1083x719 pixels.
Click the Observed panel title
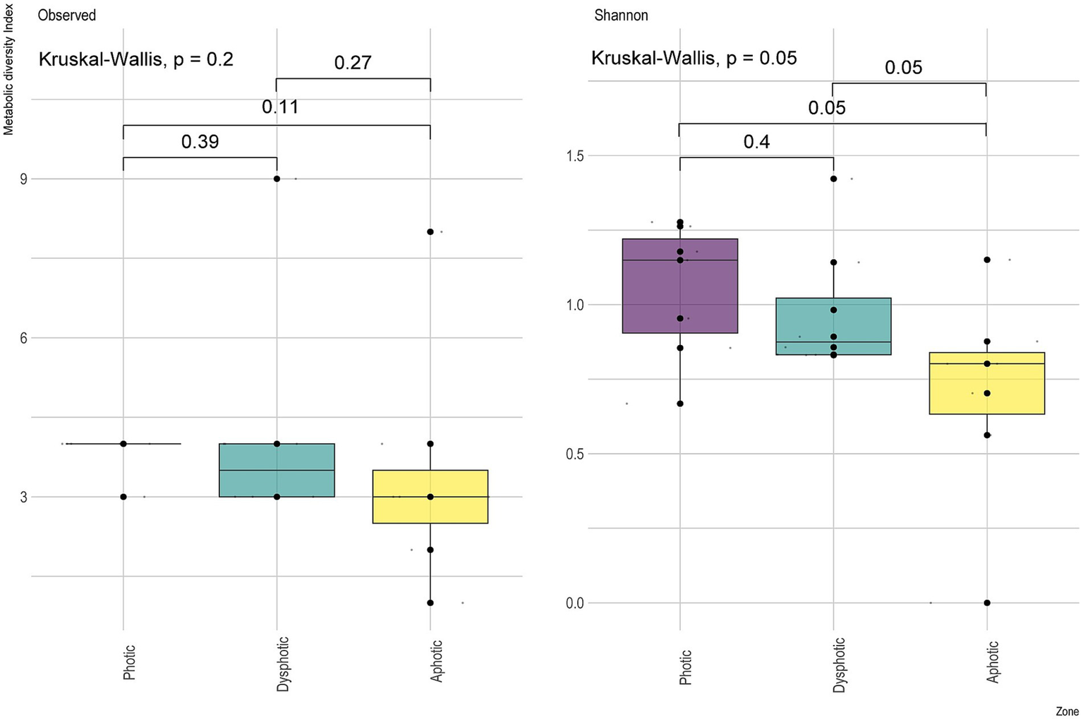point(67,15)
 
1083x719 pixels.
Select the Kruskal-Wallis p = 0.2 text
point(135,59)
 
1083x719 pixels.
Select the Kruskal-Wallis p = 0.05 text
point(694,58)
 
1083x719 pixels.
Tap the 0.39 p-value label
point(200,142)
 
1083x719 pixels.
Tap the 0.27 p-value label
point(353,63)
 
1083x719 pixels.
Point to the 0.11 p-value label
point(280,107)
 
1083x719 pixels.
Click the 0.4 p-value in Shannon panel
point(756,142)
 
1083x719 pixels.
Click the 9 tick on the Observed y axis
point(25,179)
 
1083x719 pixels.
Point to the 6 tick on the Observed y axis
point(25,338)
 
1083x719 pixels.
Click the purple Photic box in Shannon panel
point(680,286)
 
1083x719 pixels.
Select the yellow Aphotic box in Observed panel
point(430,497)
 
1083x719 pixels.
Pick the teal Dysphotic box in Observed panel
point(277,470)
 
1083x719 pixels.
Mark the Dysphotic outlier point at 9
point(277,179)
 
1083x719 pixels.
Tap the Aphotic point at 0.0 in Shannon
point(986,603)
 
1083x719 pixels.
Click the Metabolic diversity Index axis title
point(8,68)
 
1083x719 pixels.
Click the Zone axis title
point(1067,711)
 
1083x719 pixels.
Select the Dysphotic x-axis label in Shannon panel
point(838,665)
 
